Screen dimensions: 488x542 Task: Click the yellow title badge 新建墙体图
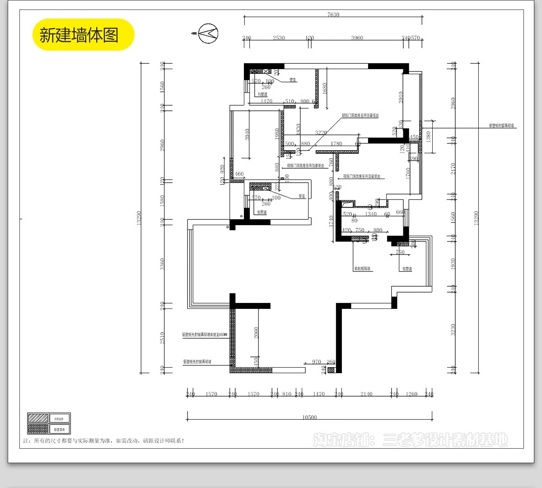click(x=83, y=35)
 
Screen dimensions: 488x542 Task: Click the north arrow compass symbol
click(x=208, y=33)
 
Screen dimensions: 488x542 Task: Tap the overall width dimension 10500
click(x=309, y=417)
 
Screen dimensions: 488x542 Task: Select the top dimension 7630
click(x=333, y=15)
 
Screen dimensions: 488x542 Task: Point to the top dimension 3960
click(x=357, y=38)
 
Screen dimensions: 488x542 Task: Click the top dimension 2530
click(x=279, y=38)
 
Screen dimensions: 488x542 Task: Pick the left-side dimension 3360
click(x=163, y=265)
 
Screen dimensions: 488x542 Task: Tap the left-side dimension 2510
click(x=163, y=338)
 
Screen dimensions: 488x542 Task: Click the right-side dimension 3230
click(x=453, y=329)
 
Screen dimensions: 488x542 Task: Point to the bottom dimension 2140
click(x=366, y=394)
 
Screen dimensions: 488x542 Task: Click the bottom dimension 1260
click(x=411, y=394)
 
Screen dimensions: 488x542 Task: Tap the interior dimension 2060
click(x=256, y=333)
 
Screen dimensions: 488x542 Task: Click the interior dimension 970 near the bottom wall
click(x=317, y=362)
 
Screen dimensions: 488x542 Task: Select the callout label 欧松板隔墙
click(x=362, y=269)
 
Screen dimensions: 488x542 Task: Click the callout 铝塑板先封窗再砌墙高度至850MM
click(x=205, y=335)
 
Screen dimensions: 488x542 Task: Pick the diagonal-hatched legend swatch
click(x=37, y=418)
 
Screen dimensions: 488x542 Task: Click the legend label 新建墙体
click(x=59, y=429)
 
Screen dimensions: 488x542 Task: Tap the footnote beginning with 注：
click(x=104, y=441)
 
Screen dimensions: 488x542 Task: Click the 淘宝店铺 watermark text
click(x=410, y=440)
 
